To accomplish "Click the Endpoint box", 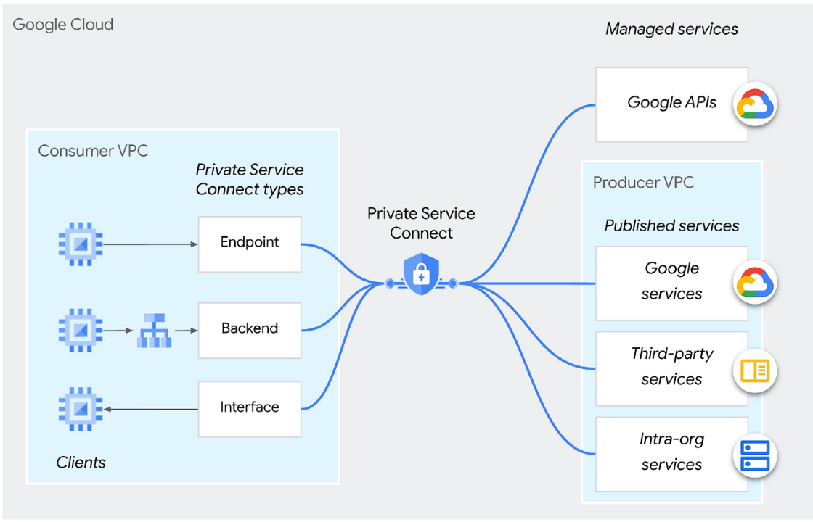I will [x=250, y=244].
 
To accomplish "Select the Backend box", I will [x=250, y=329].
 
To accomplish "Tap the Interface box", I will [x=250, y=408].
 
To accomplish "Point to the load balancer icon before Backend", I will [x=154, y=331].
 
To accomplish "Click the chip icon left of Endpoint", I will [x=80, y=244].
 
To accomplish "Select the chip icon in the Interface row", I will [x=80, y=410].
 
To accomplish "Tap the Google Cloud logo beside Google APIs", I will [x=755, y=104].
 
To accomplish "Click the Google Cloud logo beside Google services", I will [x=755, y=282].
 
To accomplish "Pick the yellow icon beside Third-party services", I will [x=755, y=370].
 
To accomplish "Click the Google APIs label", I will [x=671, y=103].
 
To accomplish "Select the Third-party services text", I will [x=671, y=367].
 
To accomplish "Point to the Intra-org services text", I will [x=671, y=452].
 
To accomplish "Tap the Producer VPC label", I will [x=643, y=183].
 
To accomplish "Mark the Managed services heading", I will [x=671, y=30].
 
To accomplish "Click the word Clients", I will [x=81, y=463].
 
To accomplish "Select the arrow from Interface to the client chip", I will [x=151, y=410].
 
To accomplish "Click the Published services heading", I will [x=671, y=226].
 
